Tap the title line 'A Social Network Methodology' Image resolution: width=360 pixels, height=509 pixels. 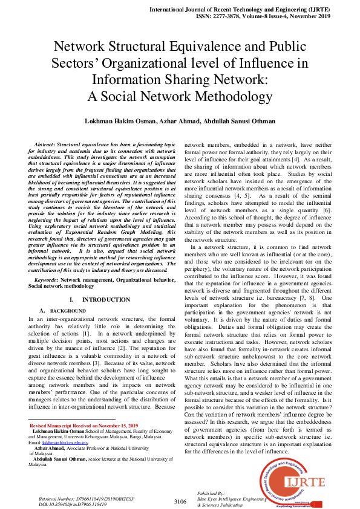180,96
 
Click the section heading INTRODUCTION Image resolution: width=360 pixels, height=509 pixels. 106,300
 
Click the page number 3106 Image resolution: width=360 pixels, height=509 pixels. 180,501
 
